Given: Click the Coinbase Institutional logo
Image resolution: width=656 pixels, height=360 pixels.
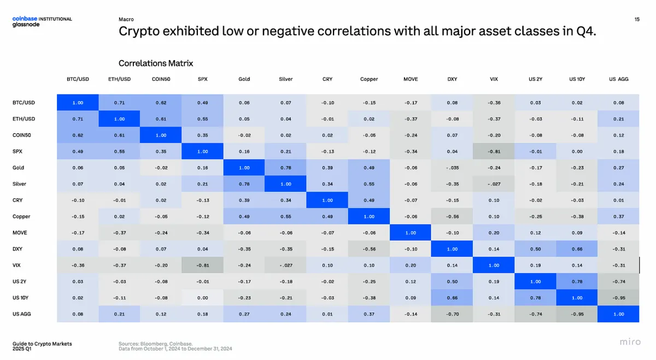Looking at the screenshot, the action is [42, 19].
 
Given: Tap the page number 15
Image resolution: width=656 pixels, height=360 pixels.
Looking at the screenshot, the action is [637, 19].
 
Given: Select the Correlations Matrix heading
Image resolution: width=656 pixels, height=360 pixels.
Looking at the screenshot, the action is [156, 63].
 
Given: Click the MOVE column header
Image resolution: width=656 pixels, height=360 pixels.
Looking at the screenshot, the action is [411, 79].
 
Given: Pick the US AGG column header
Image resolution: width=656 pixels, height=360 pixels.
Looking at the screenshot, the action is [618, 79].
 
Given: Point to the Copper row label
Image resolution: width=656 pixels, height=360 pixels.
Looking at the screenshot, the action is [21, 216].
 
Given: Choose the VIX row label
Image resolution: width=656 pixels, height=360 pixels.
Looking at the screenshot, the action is [16, 265].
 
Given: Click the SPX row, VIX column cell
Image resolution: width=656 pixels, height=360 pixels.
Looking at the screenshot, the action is [494, 151].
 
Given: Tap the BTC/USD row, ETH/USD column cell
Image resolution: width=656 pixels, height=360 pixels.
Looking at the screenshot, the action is [119, 103].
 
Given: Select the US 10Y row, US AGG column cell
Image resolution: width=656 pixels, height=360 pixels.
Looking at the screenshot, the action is [618, 298].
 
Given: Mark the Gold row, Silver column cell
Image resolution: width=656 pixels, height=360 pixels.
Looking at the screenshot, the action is [285, 168].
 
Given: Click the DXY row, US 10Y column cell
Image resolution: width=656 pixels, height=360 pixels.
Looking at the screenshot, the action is [577, 249].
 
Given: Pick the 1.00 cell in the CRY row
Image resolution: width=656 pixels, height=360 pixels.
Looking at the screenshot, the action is [327, 200].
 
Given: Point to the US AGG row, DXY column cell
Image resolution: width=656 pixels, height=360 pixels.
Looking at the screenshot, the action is [452, 314].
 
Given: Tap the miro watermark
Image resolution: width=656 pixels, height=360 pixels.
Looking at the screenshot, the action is [630, 341].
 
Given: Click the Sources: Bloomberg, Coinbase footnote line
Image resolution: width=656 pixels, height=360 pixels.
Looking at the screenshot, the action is [155, 344].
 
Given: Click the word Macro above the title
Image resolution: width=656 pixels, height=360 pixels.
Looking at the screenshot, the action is [126, 19].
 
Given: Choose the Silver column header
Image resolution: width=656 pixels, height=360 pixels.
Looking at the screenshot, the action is [285, 79].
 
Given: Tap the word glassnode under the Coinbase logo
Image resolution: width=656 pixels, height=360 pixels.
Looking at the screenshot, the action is [26, 25].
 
